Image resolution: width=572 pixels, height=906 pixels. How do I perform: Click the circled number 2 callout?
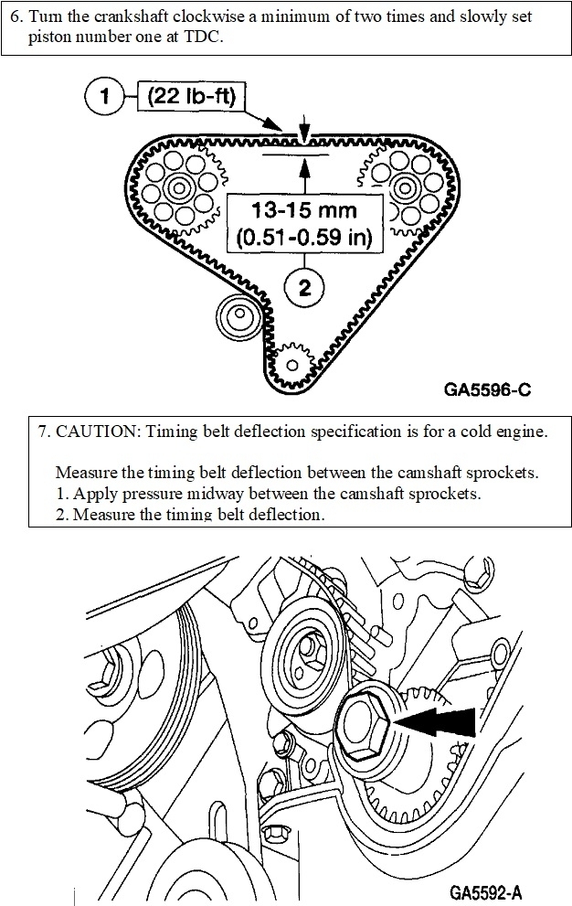[x=304, y=287]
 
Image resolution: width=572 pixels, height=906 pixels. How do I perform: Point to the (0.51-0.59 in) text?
[x=305, y=240]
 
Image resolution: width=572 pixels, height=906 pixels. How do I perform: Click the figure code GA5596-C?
[x=487, y=389]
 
